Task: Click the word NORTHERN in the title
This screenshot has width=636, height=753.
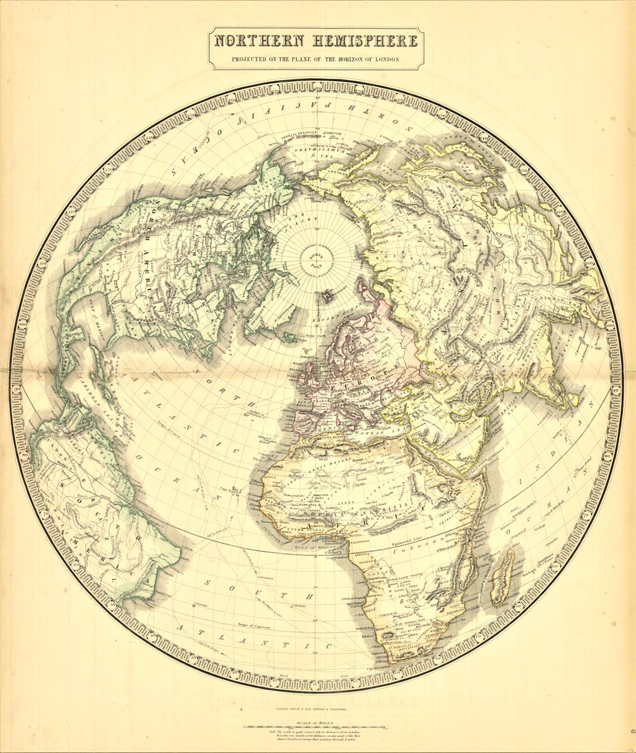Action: coord(258,42)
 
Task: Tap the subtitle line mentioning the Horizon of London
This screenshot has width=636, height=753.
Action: coord(316,60)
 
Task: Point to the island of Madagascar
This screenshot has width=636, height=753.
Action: coord(502,577)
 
